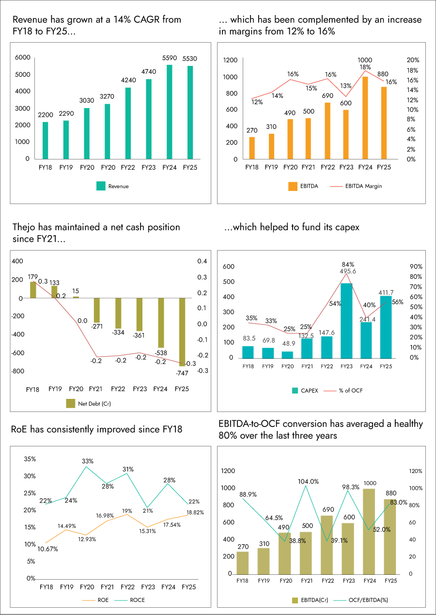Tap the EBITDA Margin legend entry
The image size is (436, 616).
357,186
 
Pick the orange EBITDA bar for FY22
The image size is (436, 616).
327,131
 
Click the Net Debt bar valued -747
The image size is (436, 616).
182,332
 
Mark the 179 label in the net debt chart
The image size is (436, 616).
32,277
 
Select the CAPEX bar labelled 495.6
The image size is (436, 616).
346,320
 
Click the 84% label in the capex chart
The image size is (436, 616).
348,265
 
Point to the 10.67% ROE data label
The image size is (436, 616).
47,549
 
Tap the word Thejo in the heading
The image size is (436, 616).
23,227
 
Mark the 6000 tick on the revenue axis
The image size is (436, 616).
23,58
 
